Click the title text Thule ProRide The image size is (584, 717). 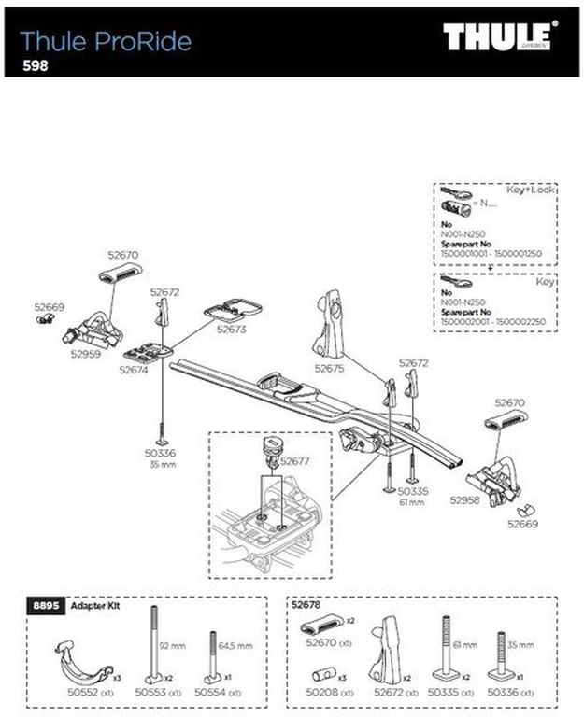coord(106,41)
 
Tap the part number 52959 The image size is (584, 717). coord(85,355)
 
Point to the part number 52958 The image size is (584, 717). coord(464,500)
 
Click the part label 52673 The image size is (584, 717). coord(231,330)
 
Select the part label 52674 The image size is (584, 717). coord(134,370)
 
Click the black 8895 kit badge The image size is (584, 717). coord(45,606)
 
